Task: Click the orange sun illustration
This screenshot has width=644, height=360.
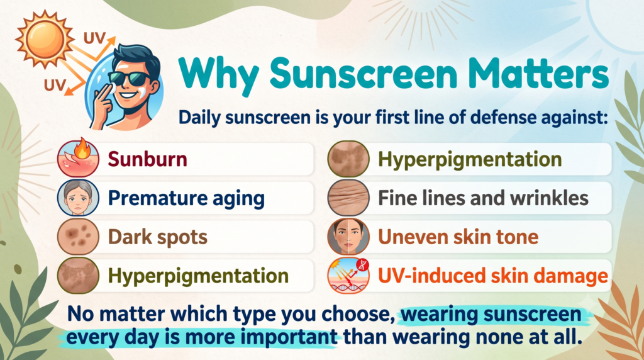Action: pos(45,40)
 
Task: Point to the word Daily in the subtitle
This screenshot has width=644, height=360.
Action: pos(201,118)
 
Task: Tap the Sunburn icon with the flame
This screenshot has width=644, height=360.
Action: pos(78,159)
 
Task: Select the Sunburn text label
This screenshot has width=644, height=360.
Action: pos(147,159)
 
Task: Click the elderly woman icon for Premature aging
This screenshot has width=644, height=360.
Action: pos(78,198)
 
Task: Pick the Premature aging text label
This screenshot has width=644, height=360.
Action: pos(186,198)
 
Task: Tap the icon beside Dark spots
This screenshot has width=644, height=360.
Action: pos(78,236)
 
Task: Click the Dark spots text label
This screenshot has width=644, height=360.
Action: pos(158,237)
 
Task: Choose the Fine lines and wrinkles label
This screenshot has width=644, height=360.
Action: pos(483,198)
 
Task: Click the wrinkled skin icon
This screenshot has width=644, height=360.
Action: pos(348,198)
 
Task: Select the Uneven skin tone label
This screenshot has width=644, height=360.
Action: pos(458,237)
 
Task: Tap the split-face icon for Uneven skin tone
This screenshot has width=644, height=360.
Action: pos(348,236)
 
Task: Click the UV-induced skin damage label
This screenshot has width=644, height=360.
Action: pos(493,276)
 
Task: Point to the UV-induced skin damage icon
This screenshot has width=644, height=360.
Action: pos(348,275)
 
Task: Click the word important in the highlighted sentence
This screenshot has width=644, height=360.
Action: pos(289,337)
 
